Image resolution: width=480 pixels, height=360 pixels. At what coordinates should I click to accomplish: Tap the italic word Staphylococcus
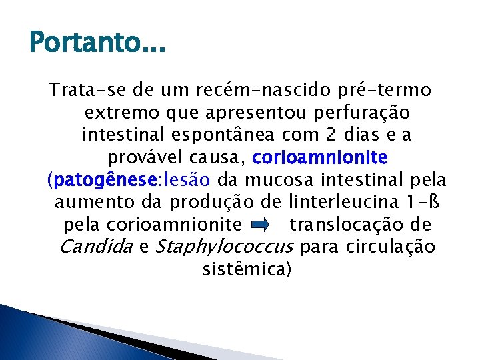tap(224, 247)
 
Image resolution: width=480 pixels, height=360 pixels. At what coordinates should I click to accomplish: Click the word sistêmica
tap(246, 270)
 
